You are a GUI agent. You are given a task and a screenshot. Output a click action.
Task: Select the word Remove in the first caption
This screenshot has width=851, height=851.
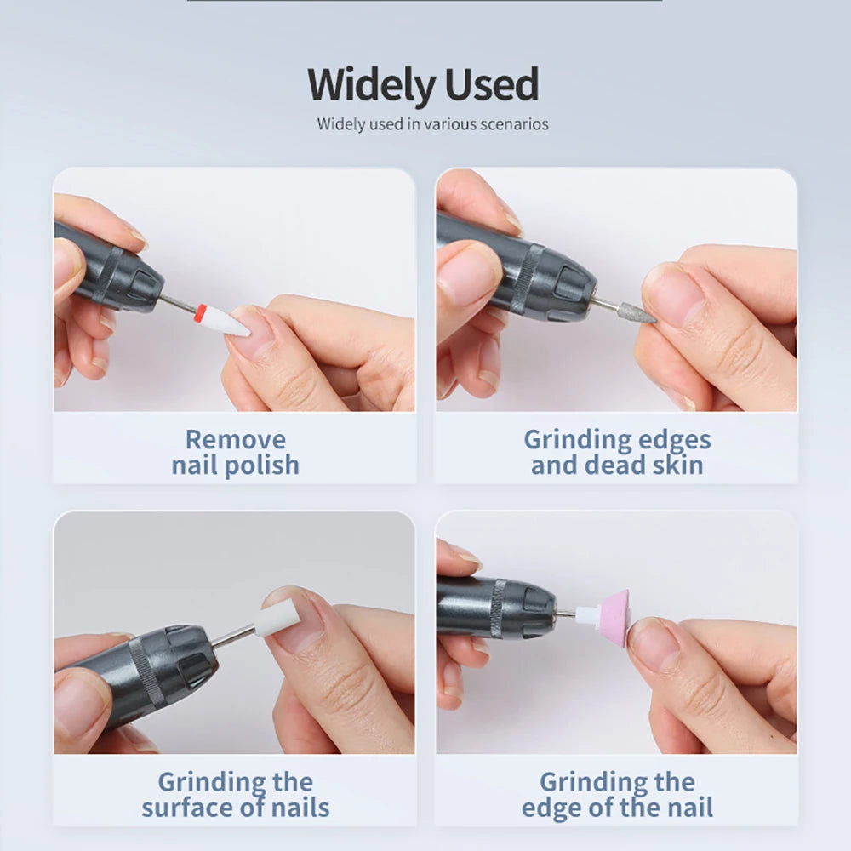236,440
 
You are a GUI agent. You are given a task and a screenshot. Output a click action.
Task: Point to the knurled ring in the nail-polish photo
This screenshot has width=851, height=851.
109,275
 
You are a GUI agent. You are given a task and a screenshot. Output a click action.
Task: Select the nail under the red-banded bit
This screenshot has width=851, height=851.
248,330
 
